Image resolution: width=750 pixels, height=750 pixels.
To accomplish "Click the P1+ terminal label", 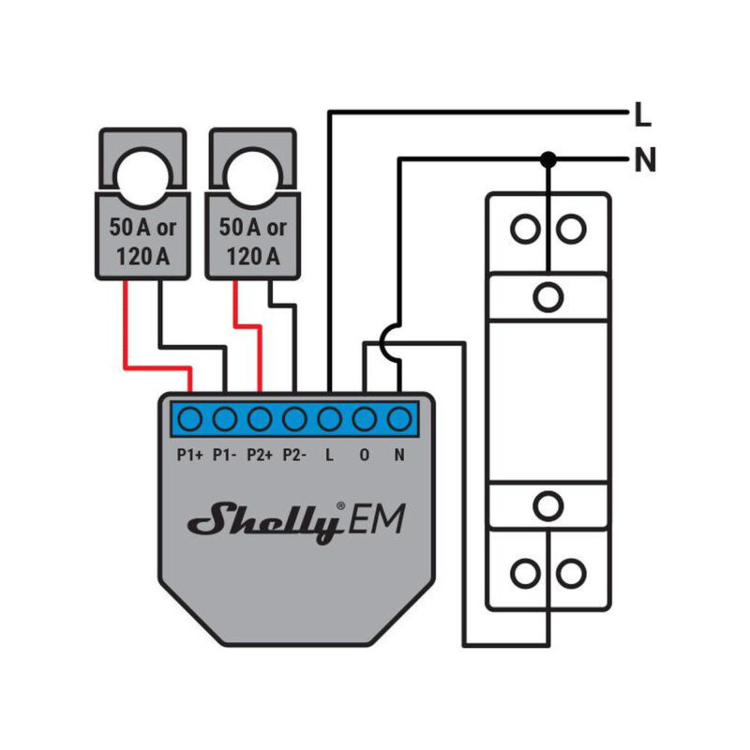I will click(x=190, y=457).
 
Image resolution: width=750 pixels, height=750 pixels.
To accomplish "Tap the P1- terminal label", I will click(x=225, y=457).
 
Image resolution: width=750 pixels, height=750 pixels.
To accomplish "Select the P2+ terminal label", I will click(x=260, y=457).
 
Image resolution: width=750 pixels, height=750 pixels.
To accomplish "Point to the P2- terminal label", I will click(x=294, y=457).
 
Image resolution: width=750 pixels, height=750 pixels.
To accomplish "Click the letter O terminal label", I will click(x=365, y=457).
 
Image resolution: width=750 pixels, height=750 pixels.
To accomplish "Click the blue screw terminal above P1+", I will click(x=190, y=418).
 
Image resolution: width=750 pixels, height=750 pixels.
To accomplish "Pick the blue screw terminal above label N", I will click(x=399, y=418).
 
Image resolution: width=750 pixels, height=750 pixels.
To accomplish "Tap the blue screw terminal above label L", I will click(x=329, y=418).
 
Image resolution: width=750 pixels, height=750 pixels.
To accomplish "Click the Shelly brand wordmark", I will click(x=265, y=523).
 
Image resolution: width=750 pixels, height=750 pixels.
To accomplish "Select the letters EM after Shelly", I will click(x=379, y=518).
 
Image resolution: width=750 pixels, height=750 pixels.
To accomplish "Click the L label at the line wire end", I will click(x=642, y=116).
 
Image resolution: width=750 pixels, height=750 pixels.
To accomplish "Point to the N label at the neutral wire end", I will click(x=644, y=161).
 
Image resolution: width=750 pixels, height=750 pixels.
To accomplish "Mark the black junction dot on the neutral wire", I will click(x=548, y=160).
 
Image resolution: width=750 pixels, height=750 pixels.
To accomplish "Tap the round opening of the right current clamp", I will click(x=250, y=174).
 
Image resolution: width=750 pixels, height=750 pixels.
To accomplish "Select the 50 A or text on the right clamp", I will click(x=252, y=228).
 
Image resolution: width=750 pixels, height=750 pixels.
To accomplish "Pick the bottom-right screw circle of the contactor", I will click(x=569, y=571).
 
